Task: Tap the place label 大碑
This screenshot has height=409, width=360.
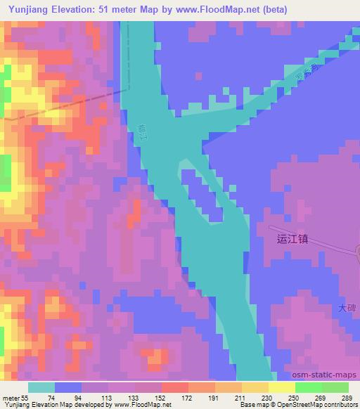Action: pyautogui.click(x=347, y=308)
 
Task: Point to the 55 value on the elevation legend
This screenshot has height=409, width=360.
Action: pyautogui.click(x=26, y=397)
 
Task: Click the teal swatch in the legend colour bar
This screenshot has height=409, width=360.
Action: pyautogui.click(x=41, y=387)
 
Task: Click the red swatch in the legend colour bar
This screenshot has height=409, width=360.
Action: pyautogui.click(x=175, y=387)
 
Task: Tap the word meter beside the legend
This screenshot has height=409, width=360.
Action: pyautogui.click(x=11, y=397)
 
